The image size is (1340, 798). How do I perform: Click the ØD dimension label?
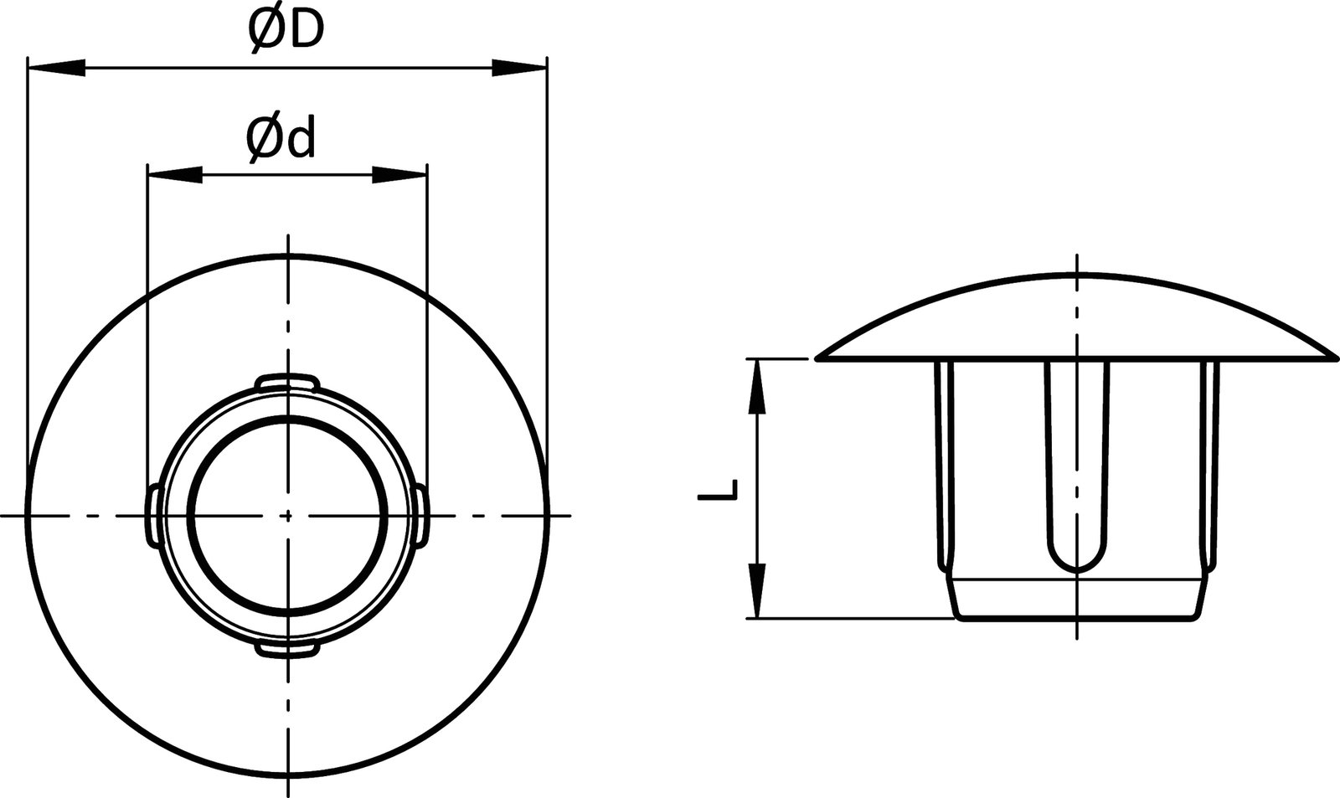(285, 32)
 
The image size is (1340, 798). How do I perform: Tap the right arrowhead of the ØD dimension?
(518, 68)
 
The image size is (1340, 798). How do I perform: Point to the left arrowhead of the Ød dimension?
(175, 174)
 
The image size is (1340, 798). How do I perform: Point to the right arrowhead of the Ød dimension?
(399, 174)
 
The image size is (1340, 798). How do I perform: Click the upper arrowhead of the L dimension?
(756, 386)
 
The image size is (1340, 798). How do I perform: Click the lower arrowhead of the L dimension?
(756, 591)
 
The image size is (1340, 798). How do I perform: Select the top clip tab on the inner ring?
(287, 382)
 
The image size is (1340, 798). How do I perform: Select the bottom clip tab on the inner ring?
(287, 649)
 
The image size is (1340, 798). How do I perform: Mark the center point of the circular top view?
(287, 515)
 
